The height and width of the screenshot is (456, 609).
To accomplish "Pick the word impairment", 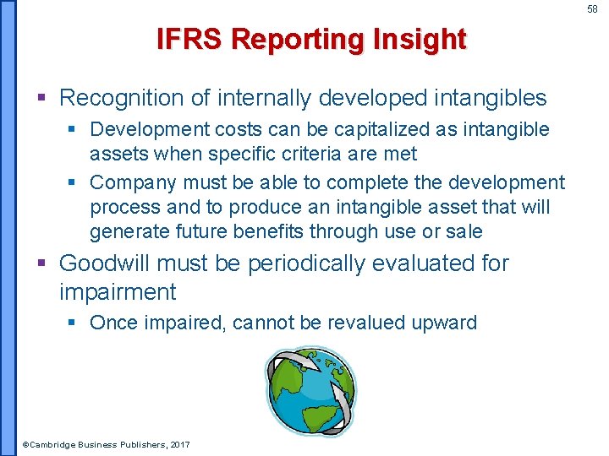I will click(118, 293).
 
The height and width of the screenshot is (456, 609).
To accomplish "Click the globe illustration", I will click(310, 391).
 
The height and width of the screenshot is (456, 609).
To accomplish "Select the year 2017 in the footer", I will click(179, 444).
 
